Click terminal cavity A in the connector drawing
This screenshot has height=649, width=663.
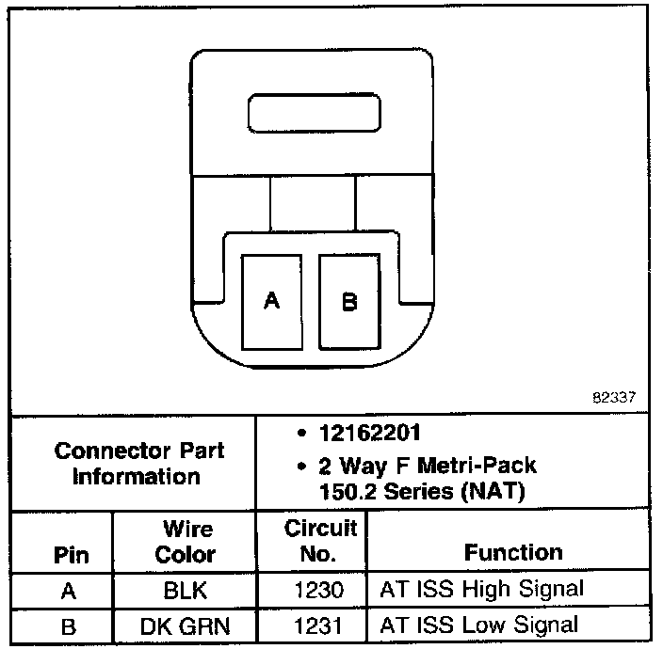(272, 302)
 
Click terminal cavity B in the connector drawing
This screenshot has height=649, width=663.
(349, 302)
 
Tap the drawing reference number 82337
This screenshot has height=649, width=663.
(614, 397)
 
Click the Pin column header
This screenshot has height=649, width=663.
(70, 554)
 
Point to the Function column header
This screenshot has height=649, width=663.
(513, 552)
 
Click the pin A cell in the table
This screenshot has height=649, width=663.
(69, 591)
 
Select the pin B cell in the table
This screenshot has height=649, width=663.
(69, 625)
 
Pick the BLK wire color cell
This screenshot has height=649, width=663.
(184, 591)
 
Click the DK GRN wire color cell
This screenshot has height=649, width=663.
(184, 625)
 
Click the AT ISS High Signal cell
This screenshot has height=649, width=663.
(481, 590)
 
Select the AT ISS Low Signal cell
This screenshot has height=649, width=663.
(478, 625)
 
